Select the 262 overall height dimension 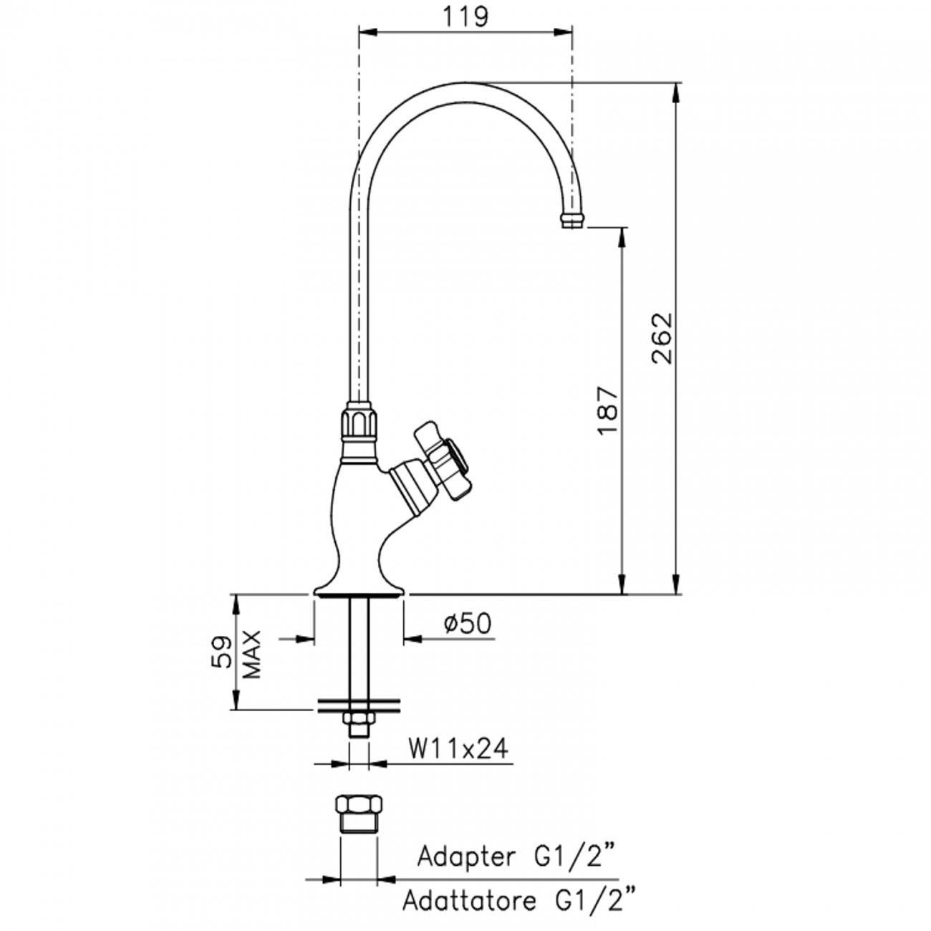662,338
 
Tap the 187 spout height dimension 607,410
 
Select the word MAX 251,655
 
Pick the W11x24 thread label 458,748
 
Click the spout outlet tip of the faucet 572,220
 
